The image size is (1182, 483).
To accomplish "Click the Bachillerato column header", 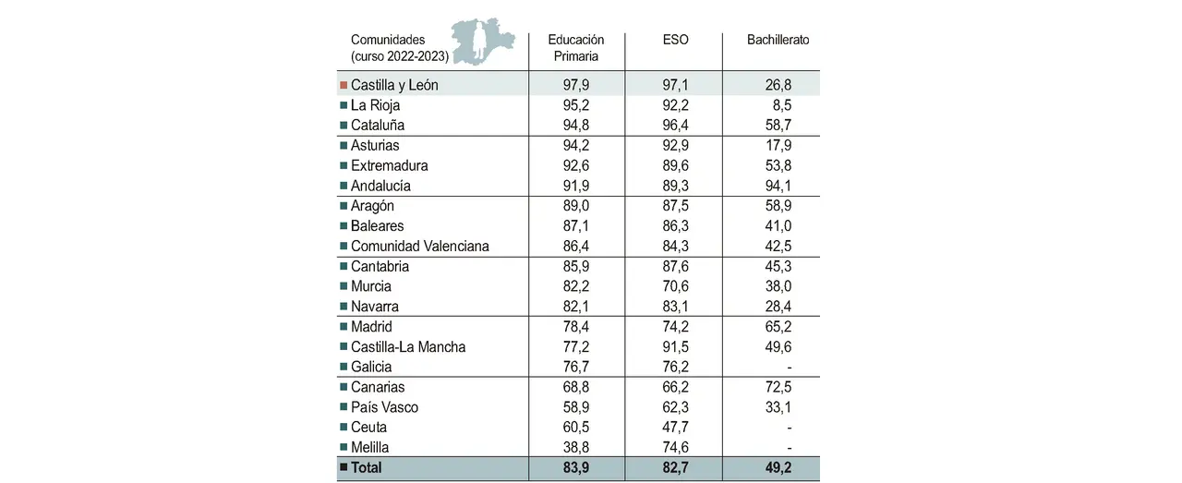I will (778, 41).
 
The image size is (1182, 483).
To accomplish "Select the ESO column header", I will (675, 41).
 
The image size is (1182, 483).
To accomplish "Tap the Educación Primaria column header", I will (575, 48).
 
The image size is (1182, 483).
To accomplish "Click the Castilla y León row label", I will (394, 85).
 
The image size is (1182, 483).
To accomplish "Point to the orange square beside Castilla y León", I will (344, 85).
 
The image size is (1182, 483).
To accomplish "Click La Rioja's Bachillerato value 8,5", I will (780, 105).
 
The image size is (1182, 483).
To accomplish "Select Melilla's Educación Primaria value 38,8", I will (577, 447).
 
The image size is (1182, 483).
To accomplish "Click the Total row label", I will (366, 467).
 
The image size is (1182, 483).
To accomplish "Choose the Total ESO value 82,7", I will (674, 467).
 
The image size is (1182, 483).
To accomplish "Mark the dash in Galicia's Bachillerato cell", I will (790, 367).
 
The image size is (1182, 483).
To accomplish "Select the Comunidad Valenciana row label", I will (419, 247).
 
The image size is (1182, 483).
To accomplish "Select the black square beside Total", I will (344, 467).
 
